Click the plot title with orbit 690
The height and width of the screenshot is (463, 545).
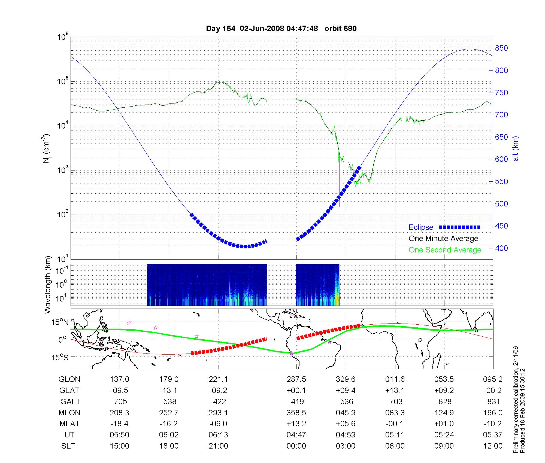point(281,29)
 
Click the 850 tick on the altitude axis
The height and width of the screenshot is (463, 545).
point(501,48)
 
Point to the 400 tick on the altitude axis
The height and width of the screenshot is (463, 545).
point(501,248)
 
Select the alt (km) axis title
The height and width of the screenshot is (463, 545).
point(516,148)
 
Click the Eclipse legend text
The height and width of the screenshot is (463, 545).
point(421,227)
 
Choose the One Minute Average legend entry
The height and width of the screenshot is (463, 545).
point(443,239)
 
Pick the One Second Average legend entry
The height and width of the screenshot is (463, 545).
point(445,250)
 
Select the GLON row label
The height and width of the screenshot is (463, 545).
point(69,379)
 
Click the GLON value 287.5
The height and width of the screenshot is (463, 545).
point(296,379)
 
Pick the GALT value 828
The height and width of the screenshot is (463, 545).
point(445,401)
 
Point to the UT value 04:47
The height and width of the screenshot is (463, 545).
point(296,435)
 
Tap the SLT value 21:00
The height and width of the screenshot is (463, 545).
point(218,446)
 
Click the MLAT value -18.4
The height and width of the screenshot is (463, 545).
point(119,424)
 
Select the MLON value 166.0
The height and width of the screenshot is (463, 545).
point(493,413)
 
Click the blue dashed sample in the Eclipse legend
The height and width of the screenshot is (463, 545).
point(459,227)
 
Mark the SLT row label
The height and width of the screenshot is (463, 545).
point(68,446)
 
